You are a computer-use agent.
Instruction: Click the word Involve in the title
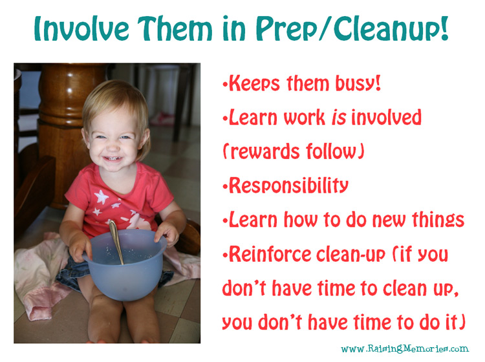click(81, 28)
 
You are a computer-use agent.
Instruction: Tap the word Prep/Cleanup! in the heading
click(352, 29)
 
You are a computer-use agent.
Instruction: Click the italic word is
click(339, 118)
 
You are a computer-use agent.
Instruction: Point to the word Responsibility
click(288, 186)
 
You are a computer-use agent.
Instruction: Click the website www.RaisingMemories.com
click(405, 348)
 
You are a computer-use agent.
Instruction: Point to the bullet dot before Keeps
click(225, 84)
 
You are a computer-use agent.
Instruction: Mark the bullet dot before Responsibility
click(225, 186)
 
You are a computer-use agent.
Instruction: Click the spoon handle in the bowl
click(116, 241)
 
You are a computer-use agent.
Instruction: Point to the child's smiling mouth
click(112, 158)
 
